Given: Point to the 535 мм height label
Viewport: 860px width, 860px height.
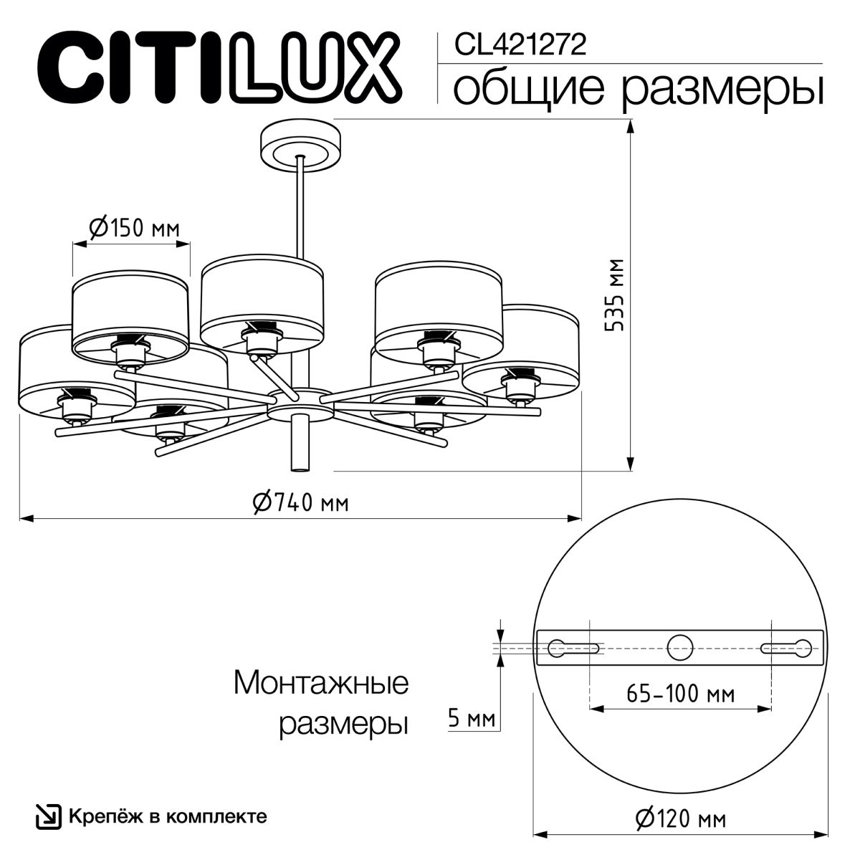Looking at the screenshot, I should [x=614, y=294].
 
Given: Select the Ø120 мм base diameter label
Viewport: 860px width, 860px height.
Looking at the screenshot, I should [x=679, y=817].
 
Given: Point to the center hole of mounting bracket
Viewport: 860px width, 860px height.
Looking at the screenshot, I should [x=679, y=648].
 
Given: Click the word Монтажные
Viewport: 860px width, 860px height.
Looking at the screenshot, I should [x=321, y=682].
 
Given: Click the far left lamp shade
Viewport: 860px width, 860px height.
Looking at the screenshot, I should [x=68, y=373].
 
